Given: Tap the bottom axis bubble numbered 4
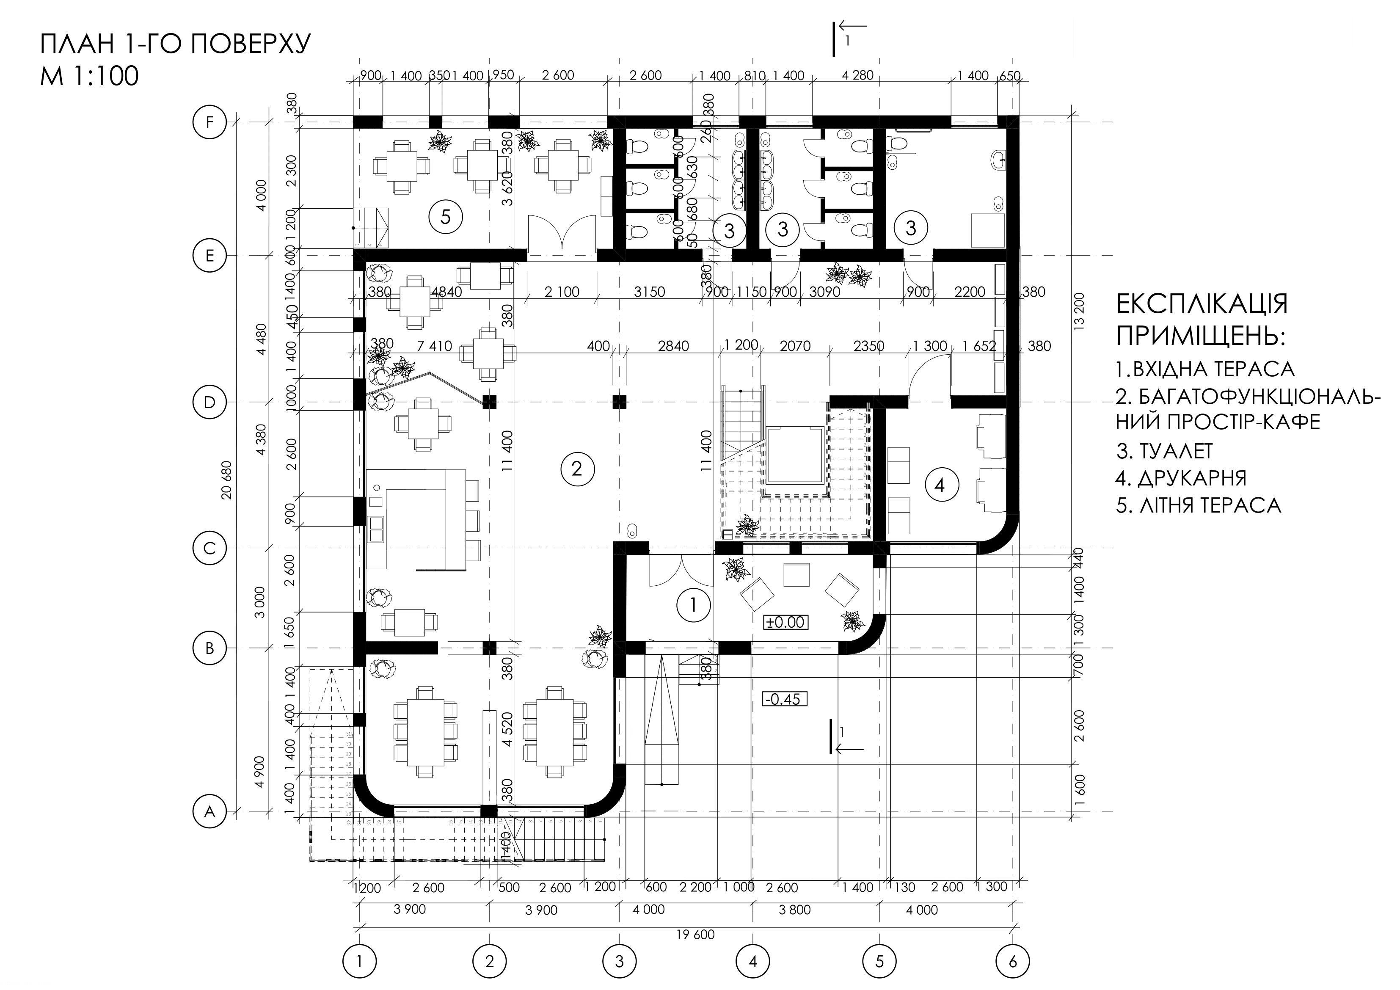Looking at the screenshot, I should tap(752, 962).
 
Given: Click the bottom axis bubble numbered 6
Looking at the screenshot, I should tap(1012, 962).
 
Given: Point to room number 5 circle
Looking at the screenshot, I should tap(445, 217).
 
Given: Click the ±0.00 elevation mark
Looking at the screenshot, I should tap(786, 622).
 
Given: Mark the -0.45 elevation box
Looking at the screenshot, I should tap(785, 698).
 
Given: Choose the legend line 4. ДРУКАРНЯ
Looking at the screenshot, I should tap(1180, 477).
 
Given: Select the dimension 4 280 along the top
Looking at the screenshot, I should tap(857, 76).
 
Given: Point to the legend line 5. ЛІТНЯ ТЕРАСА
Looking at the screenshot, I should tap(1198, 505).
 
